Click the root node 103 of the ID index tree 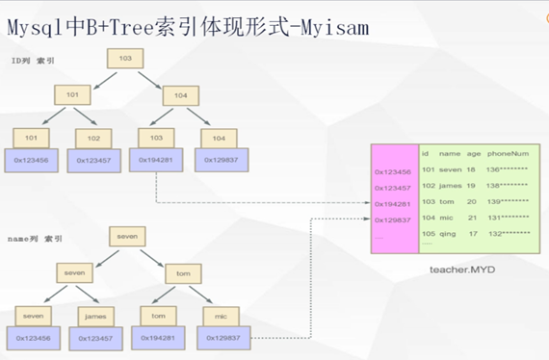click(x=124, y=59)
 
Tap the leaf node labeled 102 click(x=91, y=137)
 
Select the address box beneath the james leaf click(x=94, y=338)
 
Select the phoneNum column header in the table click(x=507, y=152)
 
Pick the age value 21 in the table click(x=472, y=219)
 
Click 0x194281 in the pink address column click(x=391, y=203)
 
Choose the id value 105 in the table click(x=429, y=232)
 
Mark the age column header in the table click(x=474, y=152)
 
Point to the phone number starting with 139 click(x=509, y=203)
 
